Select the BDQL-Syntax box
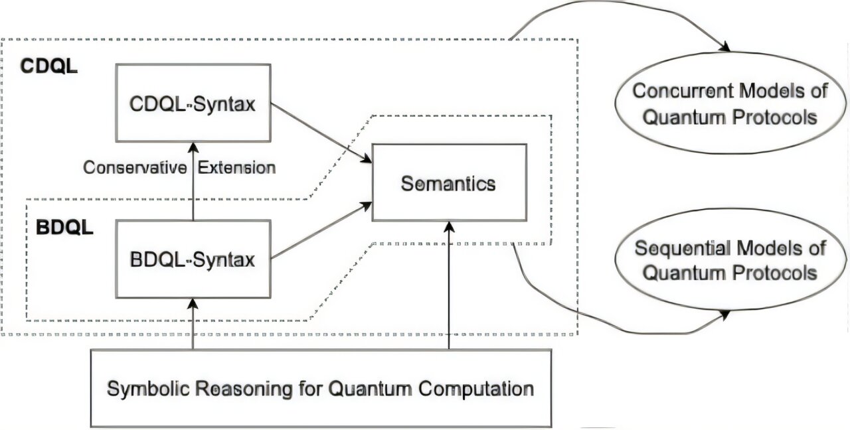click(x=193, y=259)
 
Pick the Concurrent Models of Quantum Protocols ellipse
click(x=729, y=105)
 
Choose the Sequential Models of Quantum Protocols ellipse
click(x=729, y=260)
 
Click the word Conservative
click(x=134, y=167)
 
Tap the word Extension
click(x=236, y=167)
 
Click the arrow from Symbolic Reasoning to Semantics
click(x=449, y=285)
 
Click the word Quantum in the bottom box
click(x=364, y=388)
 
